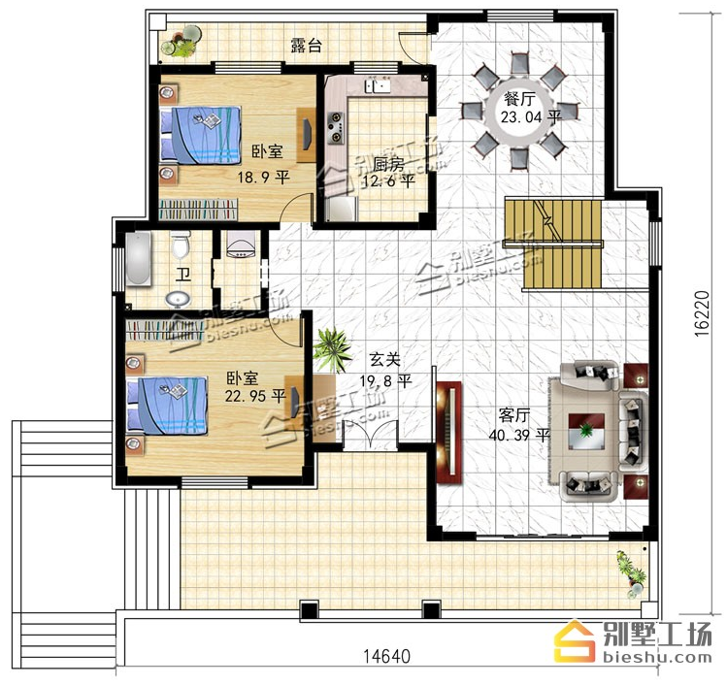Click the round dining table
[x=519, y=113]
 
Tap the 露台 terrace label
[x=306, y=46]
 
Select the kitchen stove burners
[x=335, y=127]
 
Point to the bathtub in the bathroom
[x=138, y=259]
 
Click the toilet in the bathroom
[x=180, y=245]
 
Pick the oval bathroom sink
[x=178, y=300]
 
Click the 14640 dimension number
[x=386, y=656]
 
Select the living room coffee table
[x=586, y=431]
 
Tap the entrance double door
[x=370, y=435]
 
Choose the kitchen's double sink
[x=376, y=86]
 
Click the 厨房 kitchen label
[x=388, y=164]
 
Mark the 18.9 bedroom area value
[x=249, y=177]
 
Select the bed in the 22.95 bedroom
[x=167, y=406]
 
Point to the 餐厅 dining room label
[x=519, y=99]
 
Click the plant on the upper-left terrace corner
[x=182, y=42]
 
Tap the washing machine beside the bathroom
[x=241, y=245]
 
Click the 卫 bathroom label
[x=183, y=274]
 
